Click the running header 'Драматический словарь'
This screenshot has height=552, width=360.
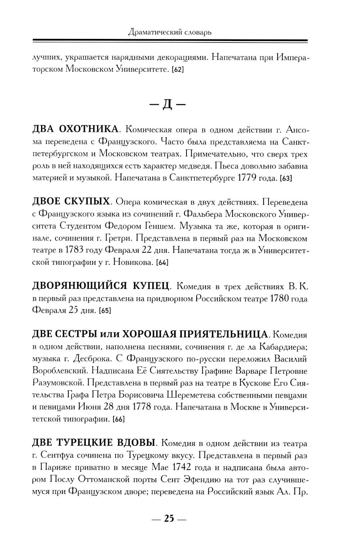point(170,32)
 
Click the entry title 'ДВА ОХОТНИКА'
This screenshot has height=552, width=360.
point(75,129)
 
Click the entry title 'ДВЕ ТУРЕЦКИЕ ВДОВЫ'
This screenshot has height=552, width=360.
point(94,443)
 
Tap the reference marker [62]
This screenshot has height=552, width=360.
point(178,69)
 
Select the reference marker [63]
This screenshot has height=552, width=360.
point(285,178)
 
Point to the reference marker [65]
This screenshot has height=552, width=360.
point(105,311)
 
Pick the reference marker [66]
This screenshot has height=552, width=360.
point(118,419)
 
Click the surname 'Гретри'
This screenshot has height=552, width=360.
point(145,238)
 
